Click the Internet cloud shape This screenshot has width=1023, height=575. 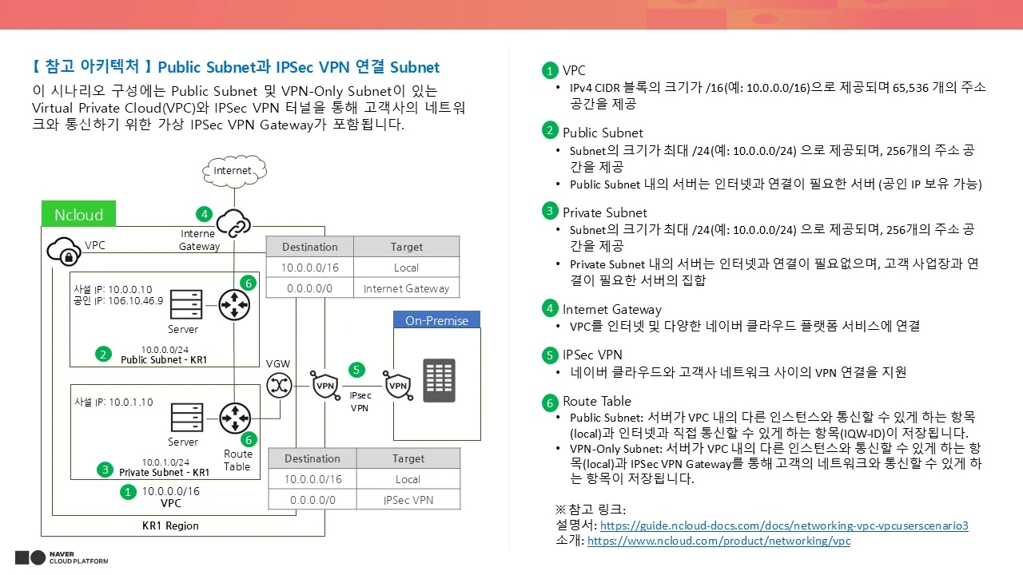pos(234,171)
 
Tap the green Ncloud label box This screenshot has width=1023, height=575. pos(78,213)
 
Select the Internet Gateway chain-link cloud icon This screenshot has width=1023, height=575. pos(233,223)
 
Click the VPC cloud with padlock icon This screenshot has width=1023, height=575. pos(64,251)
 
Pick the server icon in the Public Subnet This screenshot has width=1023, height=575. pos(186,304)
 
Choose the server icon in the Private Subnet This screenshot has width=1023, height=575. pos(186,417)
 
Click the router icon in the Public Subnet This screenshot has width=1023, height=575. pos(234,305)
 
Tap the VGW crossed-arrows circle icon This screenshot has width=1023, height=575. pos(279,386)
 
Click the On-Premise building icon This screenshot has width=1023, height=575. pos(439,381)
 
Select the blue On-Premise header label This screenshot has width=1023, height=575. pos(436,320)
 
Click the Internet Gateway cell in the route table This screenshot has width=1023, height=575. pos(407,288)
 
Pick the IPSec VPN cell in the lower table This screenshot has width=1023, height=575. pos(408,500)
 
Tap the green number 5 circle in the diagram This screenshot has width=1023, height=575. pos(356,370)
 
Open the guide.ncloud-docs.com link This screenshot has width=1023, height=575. pos(784,525)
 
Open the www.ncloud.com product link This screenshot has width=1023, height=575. pos(718,541)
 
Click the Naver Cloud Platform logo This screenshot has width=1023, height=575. pos(62,557)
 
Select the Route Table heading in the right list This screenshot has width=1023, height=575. pos(597,401)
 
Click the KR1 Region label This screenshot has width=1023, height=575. pos(170,525)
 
